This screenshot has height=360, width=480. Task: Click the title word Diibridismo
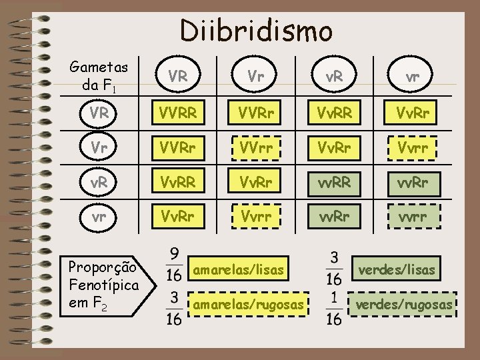point(255,30)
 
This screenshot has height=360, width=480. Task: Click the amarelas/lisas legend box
point(239,270)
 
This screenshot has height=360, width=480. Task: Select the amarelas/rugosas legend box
point(248,305)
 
